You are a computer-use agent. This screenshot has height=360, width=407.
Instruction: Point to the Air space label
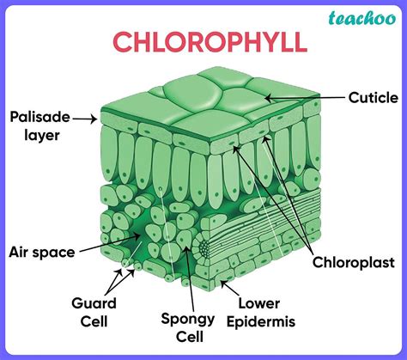[40, 252]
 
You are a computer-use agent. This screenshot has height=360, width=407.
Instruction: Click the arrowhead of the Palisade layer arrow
[95, 120]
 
